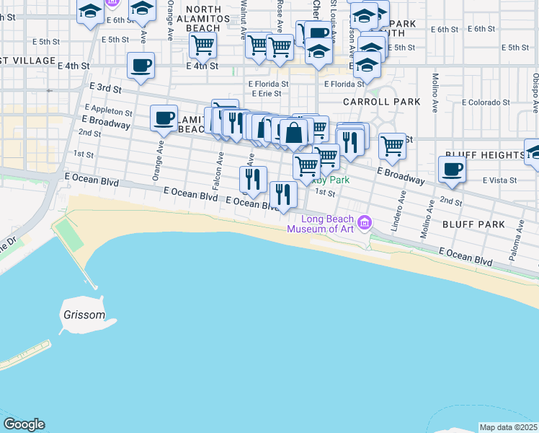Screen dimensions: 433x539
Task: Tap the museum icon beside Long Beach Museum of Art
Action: [364, 222]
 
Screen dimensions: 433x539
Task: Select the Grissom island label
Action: [83, 315]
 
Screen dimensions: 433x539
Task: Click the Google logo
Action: [23, 424]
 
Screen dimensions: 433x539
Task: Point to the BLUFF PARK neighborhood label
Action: [475, 224]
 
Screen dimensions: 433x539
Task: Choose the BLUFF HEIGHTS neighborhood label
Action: [484, 155]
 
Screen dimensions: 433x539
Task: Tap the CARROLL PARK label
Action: [382, 102]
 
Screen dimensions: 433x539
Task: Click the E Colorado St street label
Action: [487, 102]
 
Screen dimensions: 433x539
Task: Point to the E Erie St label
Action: [265, 94]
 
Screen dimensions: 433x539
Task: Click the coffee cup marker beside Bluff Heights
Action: [452, 170]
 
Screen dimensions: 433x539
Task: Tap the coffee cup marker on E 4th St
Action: [141, 65]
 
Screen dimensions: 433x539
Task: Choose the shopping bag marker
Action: [294, 133]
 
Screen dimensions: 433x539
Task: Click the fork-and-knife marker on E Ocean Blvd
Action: [283, 193]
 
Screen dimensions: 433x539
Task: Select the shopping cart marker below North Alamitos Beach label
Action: [202, 45]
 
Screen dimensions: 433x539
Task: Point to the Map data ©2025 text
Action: [508, 427]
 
